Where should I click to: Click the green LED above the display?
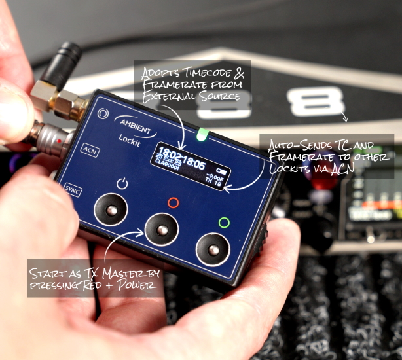[x=202, y=135]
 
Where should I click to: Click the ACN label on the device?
[x=89, y=149]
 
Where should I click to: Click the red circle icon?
[x=174, y=203]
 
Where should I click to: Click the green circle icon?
[x=224, y=223]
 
